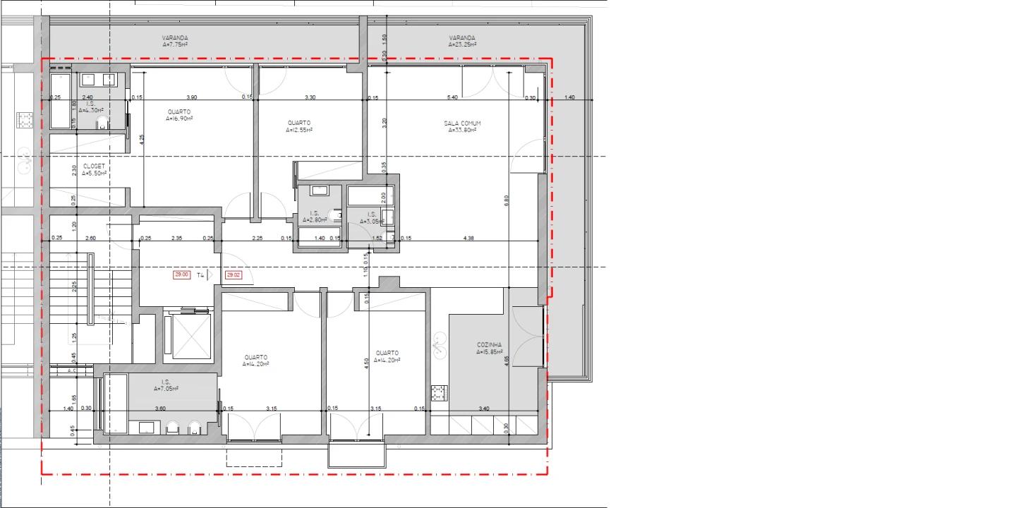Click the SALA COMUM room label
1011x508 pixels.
point(462,123)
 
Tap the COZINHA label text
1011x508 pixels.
point(489,345)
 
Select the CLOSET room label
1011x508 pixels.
point(93,167)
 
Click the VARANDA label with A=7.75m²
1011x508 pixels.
point(175,38)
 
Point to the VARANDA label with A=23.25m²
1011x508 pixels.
point(462,38)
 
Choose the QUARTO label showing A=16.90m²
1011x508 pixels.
point(179,112)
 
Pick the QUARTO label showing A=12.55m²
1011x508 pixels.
point(299,123)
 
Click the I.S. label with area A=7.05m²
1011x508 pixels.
point(166,382)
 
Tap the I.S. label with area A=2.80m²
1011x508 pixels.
point(315,214)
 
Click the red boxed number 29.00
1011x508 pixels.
point(181,275)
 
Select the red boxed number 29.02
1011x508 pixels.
point(233,275)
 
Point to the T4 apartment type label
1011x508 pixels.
point(200,275)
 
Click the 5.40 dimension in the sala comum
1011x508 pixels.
point(453,97)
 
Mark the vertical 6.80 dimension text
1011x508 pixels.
point(506,200)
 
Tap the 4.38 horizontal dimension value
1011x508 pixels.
point(468,238)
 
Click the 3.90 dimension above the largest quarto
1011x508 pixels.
point(191,97)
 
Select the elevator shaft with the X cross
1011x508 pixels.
point(187,336)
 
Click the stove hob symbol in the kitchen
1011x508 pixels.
point(440,392)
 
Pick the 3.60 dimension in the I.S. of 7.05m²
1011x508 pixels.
point(160,409)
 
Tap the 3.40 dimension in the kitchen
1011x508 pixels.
point(484,409)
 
